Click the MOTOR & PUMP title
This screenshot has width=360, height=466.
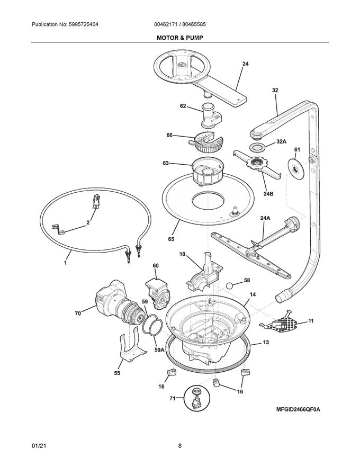pyautogui.click(x=179, y=38)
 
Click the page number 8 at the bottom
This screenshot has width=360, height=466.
pyautogui.click(x=180, y=446)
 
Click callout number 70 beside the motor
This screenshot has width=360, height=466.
pyautogui.click(x=78, y=313)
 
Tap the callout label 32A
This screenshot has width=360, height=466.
pyautogui.click(x=281, y=142)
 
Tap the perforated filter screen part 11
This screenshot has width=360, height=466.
pyautogui.click(x=286, y=321)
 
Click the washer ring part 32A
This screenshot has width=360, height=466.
pyautogui.click(x=257, y=147)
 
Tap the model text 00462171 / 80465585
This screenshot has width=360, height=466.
pyautogui.click(x=179, y=25)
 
